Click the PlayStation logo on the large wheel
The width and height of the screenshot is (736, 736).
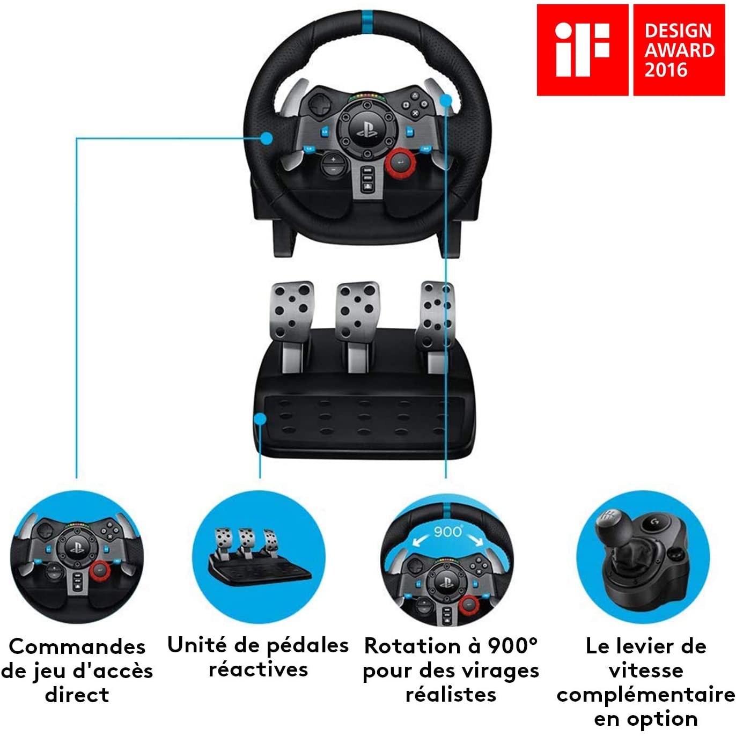(x=367, y=129)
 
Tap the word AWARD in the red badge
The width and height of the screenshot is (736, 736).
(x=679, y=50)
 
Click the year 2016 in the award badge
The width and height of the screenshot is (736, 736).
(x=666, y=70)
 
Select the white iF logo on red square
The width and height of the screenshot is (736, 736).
(x=582, y=49)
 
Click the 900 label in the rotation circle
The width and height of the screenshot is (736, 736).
(x=447, y=532)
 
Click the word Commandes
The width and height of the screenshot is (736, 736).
(x=77, y=646)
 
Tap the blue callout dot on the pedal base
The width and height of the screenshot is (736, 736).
(x=260, y=418)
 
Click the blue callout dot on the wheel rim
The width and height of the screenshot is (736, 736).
(x=266, y=138)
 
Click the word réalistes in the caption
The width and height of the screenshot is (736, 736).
(x=451, y=695)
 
